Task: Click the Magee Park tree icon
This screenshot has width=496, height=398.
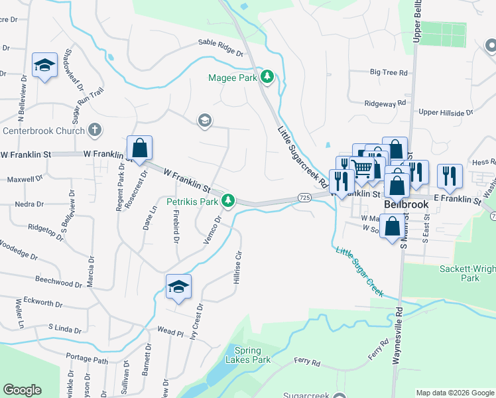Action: click(267, 77)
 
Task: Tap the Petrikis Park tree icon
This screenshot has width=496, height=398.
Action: click(228, 200)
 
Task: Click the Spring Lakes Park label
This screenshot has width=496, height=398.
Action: click(253, 355)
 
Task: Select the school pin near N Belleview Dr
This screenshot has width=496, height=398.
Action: click(44, 65)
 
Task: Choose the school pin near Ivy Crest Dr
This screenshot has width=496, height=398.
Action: click(178, 287)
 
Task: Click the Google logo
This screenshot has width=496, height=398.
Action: click(23, 390)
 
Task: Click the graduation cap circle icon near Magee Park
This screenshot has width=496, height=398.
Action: click(205, 120)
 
